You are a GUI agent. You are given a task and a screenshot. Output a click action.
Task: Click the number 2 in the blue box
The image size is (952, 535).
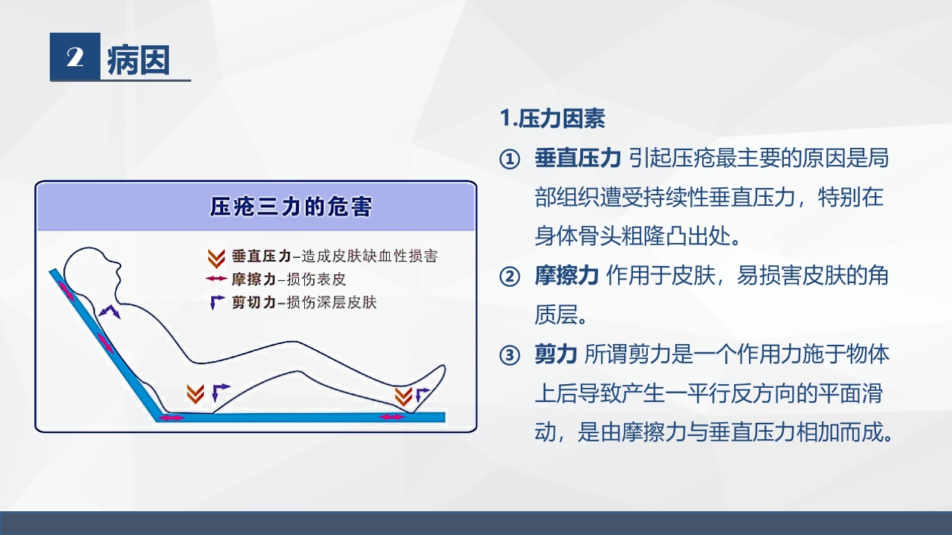74,57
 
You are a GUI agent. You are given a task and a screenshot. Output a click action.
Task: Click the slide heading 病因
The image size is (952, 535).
139,59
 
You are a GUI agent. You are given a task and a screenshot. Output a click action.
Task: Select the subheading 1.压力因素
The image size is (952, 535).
552,119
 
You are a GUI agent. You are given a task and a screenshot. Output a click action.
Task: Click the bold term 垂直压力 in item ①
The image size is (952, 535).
577,159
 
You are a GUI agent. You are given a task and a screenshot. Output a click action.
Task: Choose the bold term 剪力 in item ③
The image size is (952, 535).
556,355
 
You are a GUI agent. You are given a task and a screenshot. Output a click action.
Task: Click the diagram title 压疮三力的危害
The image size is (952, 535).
291,206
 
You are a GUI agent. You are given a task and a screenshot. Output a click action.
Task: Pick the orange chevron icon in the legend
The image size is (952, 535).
216,258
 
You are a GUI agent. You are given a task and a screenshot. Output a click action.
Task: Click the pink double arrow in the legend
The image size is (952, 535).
216,279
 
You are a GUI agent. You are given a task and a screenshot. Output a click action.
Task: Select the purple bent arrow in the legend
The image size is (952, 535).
216,302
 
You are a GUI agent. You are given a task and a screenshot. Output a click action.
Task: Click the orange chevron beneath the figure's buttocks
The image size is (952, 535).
196,394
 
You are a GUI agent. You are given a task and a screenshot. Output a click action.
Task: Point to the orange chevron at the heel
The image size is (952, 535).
403,395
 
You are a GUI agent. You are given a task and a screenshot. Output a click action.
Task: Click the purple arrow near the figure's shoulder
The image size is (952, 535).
111,311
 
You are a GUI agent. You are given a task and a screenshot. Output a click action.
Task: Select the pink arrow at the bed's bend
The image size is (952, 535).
172,418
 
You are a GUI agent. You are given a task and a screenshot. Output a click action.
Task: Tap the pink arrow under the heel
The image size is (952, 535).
392,417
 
